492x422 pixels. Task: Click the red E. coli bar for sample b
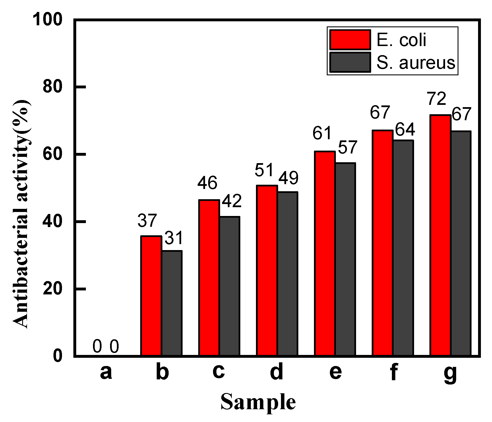(x=151, y=296)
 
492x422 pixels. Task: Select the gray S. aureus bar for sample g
(x=461, y=243)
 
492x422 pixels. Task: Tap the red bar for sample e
(x=325, y=253)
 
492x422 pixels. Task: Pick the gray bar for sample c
(x=230, y=286)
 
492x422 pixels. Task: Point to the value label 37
(x=147, y=221)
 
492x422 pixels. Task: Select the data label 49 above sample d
(x=288, y=178)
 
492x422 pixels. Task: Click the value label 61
(x=322, y=133)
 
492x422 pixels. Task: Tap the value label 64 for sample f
(x=405, y=130)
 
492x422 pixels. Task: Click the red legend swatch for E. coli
(x=350, y=40)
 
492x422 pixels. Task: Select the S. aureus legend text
(x=415, y=63)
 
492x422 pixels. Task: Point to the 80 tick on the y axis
(x=52, y=86)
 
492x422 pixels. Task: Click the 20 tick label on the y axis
(x=52, y=289)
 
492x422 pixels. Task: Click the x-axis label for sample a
(x=106, y=372)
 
